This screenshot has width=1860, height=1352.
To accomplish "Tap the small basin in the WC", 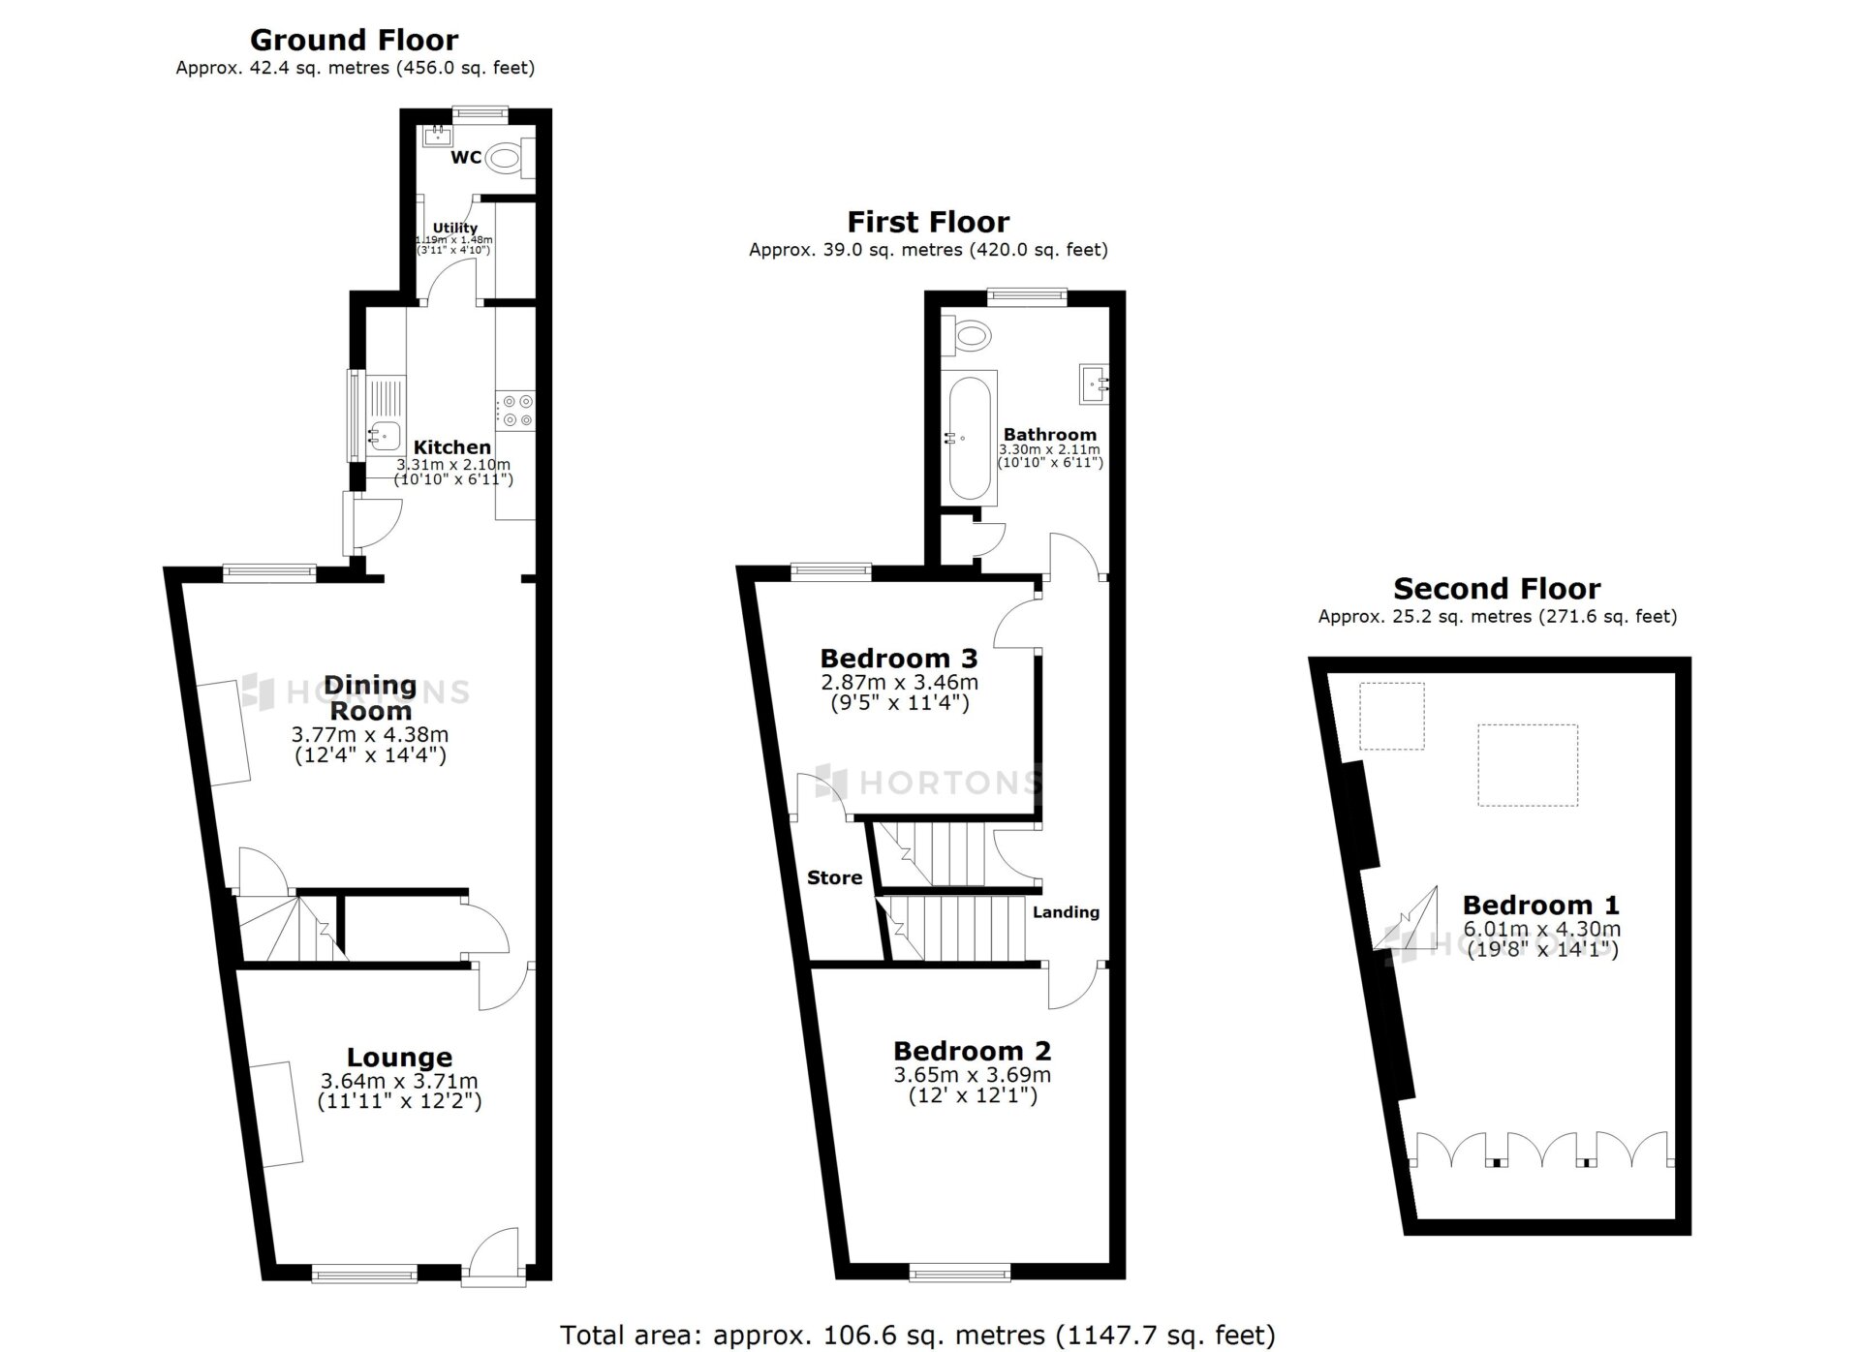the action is coord(438,135).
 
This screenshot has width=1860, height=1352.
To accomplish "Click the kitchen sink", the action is coord(385,437).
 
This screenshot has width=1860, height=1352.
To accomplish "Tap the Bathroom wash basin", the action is coord(1095,384).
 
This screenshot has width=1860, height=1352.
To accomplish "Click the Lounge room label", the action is coord(400,1057).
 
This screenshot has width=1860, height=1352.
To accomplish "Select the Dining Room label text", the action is coord(370,697).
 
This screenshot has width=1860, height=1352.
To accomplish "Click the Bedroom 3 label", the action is coord(899,659).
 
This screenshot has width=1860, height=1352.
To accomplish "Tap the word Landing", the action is coord(1066,912).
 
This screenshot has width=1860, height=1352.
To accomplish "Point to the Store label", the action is coord(835,877).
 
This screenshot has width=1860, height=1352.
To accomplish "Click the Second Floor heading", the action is coord(1497,588).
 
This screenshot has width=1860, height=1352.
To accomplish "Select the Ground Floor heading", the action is coord(355,40).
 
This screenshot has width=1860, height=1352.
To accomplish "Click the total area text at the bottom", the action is coord(917,1335).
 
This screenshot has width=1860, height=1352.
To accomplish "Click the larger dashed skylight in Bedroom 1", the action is coord(1528,765).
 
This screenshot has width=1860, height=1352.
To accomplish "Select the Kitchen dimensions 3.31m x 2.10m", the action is coord(453,465).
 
